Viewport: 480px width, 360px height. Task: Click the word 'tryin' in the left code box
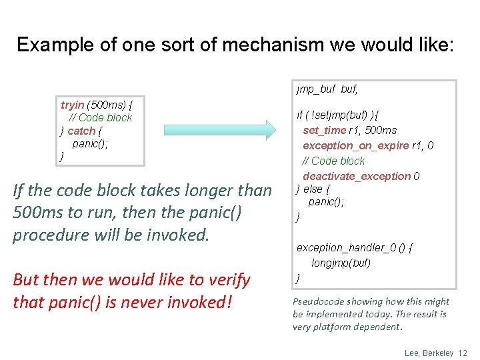pyautogui.click(x=72, y=105)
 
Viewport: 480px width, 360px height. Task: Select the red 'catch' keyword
pyautogui.click(x=81, y=131)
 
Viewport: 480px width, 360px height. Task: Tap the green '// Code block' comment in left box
pyautogui.click(x=101, y=117)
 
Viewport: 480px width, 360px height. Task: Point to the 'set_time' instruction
pyautogui.click(x=324, y=130)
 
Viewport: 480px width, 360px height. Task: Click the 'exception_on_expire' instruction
pyautogui.click(x=355, y=145)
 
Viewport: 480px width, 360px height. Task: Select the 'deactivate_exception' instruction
pyautogui.click(x=357, y=176)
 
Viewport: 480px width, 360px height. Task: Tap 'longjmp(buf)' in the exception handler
pyautogui.click(x=341, y=263)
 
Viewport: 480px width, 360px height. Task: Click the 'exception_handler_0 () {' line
pyautogui.click(x=355, y=247)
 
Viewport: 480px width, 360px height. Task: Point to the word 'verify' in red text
pyautogui.click(x=227, y=279)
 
